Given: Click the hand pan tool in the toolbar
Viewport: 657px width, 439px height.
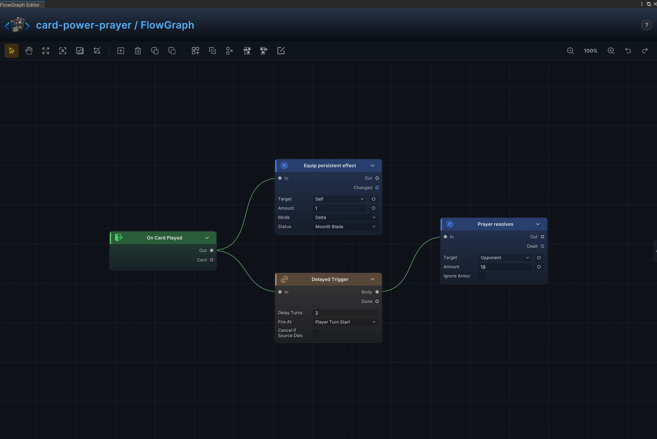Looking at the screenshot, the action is [x=29, y=51].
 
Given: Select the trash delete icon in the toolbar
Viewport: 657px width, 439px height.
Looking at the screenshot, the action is [x=138, y=51].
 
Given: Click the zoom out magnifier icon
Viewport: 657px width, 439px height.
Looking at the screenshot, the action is [x=570, y=51].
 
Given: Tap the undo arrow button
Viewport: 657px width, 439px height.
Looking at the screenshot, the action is [x=628, y=51].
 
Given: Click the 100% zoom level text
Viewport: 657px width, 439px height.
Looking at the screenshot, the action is [x=590, y=51].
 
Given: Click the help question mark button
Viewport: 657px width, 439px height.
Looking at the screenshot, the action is [x=646, y=25].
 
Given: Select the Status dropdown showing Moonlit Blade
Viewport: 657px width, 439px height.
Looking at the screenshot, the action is [x=345, y=226].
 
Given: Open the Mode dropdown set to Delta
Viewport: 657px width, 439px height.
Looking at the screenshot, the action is [x=345, y=217].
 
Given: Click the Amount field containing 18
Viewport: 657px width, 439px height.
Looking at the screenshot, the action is [x=505, y=267].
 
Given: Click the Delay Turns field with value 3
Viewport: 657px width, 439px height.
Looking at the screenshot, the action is [x=345, y=313].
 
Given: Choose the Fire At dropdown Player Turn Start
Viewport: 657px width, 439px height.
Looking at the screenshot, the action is [x=345, y=322].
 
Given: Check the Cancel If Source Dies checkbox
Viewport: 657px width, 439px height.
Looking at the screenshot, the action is [x=316, y=333].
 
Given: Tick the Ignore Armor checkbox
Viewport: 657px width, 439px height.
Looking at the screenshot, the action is [x=482, y=276].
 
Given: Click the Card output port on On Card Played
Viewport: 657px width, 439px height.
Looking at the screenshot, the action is [x=212, y=260].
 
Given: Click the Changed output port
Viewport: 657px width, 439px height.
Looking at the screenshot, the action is [x=377, y=188].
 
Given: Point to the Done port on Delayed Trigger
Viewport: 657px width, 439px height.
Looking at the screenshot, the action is [x=377, y=301].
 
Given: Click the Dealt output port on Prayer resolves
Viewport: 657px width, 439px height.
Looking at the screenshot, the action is [x=542, y=246].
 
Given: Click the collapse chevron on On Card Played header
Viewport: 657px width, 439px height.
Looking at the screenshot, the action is [x=207, y=238].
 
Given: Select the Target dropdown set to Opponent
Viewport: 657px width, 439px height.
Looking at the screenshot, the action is [x=504, y=257].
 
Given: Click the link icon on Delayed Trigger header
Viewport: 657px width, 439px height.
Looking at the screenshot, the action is [x=284, y=279].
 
